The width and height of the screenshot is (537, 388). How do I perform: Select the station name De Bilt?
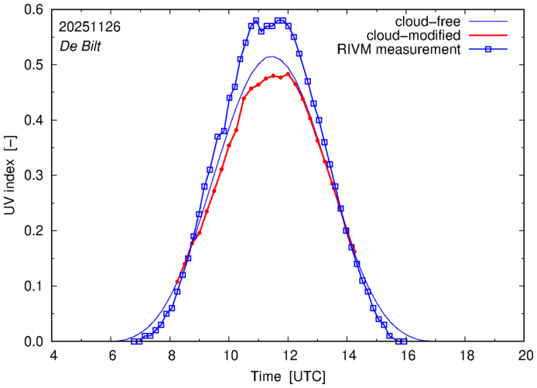click(79, 45)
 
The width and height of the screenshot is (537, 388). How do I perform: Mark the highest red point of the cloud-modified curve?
click(288, 74)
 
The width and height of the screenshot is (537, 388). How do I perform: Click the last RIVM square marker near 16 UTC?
click(404, 342)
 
